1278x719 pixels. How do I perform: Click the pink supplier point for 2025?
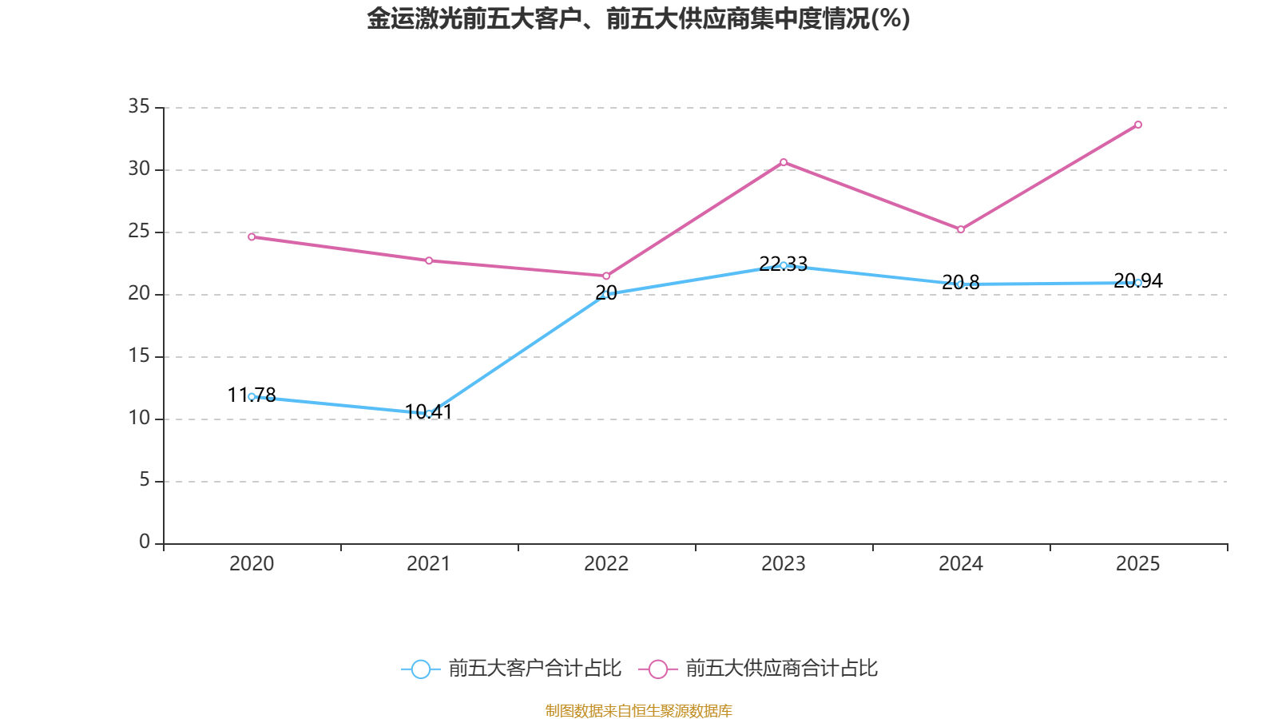click(x=1138, y=125)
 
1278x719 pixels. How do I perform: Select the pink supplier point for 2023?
click(x=784, y=162)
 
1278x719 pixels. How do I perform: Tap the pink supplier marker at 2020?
click(x=252, y=236)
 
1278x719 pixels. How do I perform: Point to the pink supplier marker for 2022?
click(x=606, y=276)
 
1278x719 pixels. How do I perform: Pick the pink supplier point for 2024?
click(x=961, y=229)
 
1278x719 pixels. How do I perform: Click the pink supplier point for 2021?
click(x=429, y=260)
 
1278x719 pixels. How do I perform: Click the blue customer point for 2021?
click(x=429, y=413)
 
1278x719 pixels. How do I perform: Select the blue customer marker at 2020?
click(x=252, y=396)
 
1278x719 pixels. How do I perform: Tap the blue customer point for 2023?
click(x=784, y=265)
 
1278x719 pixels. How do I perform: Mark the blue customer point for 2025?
click(x=1138, y=282)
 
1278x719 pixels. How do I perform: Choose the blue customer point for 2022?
click(x=606, y=294)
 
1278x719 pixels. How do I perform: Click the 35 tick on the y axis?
click(x=139, y=106)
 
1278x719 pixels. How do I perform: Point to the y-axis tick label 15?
click(x=139, y=356)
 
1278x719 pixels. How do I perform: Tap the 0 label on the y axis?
click(x=145, y=542)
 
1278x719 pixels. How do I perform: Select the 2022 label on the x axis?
click(x=606, y=564)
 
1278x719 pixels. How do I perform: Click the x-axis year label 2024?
click(x=961, y=564)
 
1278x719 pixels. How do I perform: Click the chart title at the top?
click(x=638, y=18)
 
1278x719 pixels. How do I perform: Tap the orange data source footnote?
click(x=638, y=710)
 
